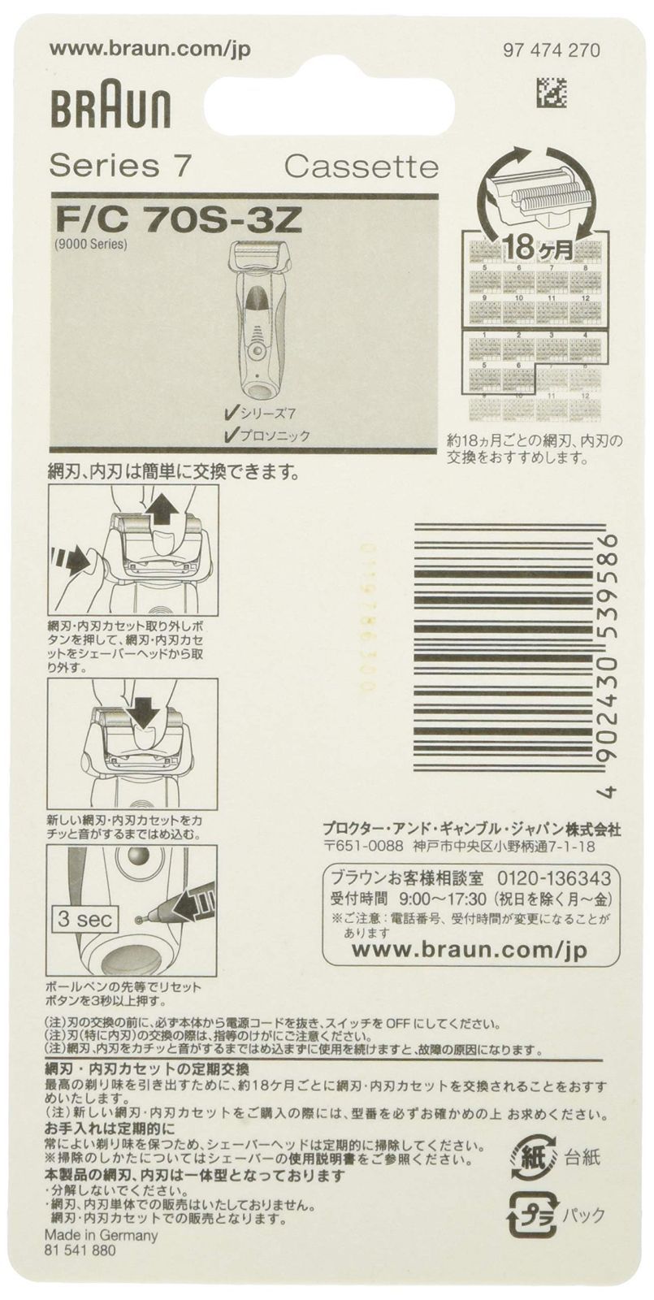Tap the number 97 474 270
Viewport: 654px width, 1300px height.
click(x=552, y=50)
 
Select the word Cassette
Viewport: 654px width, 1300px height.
click(x=361, y=167)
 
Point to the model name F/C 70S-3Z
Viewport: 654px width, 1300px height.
click(x=180, y=219)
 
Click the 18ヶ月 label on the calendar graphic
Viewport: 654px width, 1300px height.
click(x=536, y=245)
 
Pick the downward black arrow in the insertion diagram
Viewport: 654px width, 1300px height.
click(x=144, y=712)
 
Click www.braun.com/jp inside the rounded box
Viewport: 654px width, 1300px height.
click(x=470, y=949)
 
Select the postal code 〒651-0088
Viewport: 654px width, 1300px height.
click(x=362, y=846)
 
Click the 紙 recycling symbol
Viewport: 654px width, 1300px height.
click(x=528, y=1154)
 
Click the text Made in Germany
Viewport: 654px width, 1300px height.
click(x=103, y=1235)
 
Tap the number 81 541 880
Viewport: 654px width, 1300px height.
click(x=83, y=1251)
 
